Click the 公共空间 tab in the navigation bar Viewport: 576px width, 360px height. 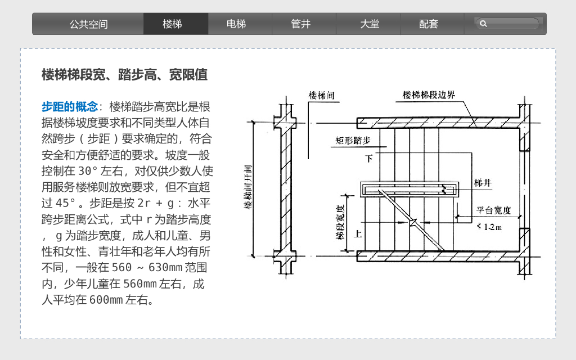coord(88,24)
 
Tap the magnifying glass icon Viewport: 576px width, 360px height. coord(483,24)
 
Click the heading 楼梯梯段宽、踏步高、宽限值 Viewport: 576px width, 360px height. coord(125,75)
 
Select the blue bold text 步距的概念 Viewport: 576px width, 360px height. coord(69,106)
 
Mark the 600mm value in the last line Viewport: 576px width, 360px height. coord(106,300)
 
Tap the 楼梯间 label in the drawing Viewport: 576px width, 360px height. coord(321,96)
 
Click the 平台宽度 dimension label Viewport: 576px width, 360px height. coord(493,210)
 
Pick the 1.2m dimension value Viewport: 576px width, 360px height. coord(490,227)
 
